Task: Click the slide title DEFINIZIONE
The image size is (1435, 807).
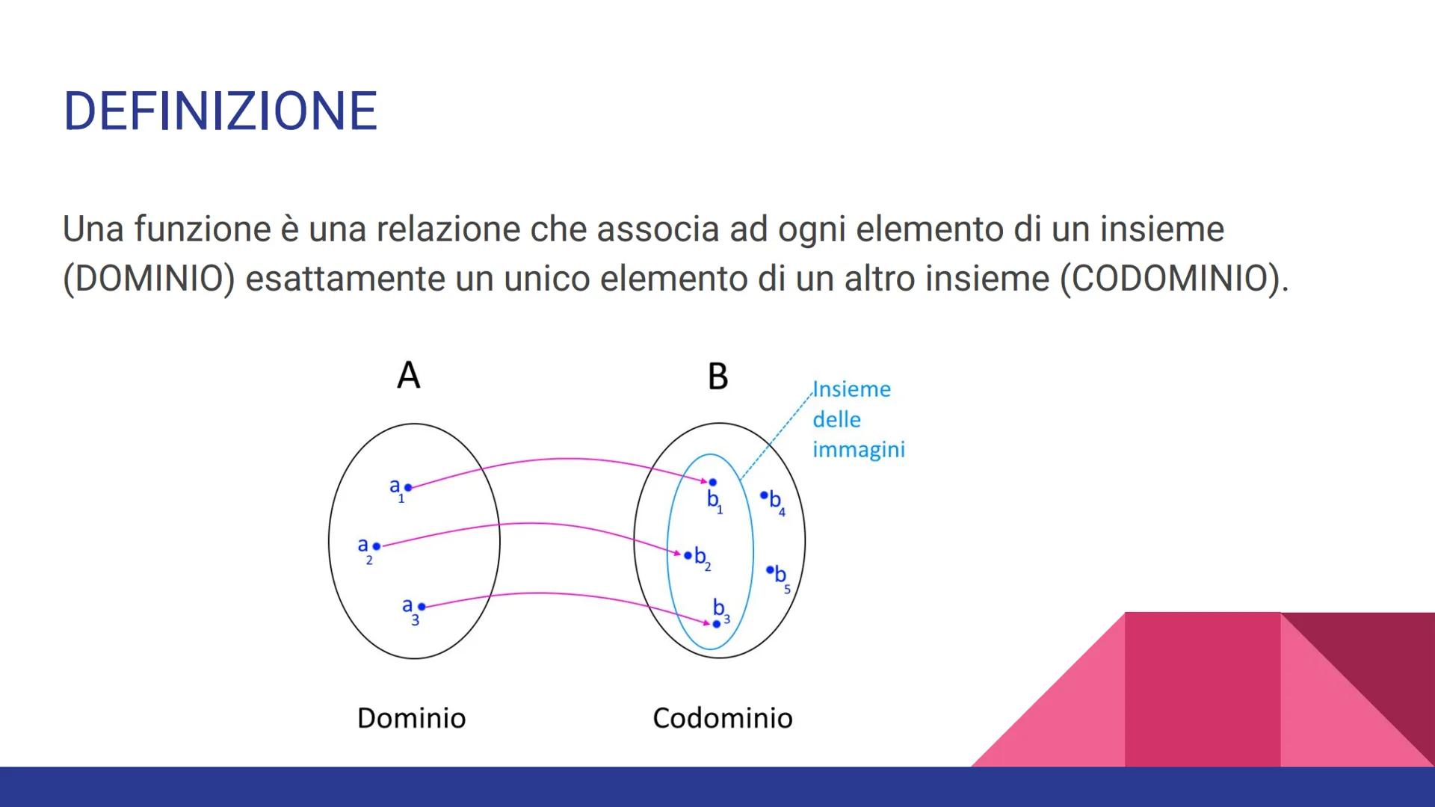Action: pyautogui.click(x=220, y=111)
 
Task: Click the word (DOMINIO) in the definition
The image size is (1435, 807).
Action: pyautogui.click(x=149, y=279)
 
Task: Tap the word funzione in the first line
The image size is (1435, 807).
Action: pyautogui.click(x=203, y=229)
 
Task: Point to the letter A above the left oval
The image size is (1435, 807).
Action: pyautogui.click(x=409, y=375)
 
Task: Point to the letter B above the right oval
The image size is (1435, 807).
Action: pyautogui.click(x=717, y=377)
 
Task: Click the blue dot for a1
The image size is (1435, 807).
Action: pyautogui.click(x=408, y=487)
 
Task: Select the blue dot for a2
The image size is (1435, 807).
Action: pyautogui.click(x=377, y=546)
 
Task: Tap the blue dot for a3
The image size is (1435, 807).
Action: pyautogui.click(x=422, y=607)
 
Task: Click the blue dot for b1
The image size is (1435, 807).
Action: pyautogui.click(x=712, y=483)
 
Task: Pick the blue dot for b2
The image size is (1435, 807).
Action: pyautogui.click(x=688, y=554)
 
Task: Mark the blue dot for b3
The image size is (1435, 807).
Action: pyautogui.click(x=716, y=624)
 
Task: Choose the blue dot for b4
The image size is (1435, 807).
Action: pyautogui.click(x=764, y=495)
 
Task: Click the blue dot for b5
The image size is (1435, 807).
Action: pyautogui.click(x=770, y=570)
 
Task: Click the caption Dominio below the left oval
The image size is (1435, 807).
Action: pyautogui.click(x=412, y=718)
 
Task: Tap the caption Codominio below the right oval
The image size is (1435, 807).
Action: pyautogui.click(x=723, y=718)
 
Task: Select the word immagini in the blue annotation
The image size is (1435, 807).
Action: pyautogui.click(x=859, y=450)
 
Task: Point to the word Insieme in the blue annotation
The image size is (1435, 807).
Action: pyautogui.click(x=852, y=389)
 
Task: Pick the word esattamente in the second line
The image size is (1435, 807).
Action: pyautogui.click(x=345, y=279)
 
